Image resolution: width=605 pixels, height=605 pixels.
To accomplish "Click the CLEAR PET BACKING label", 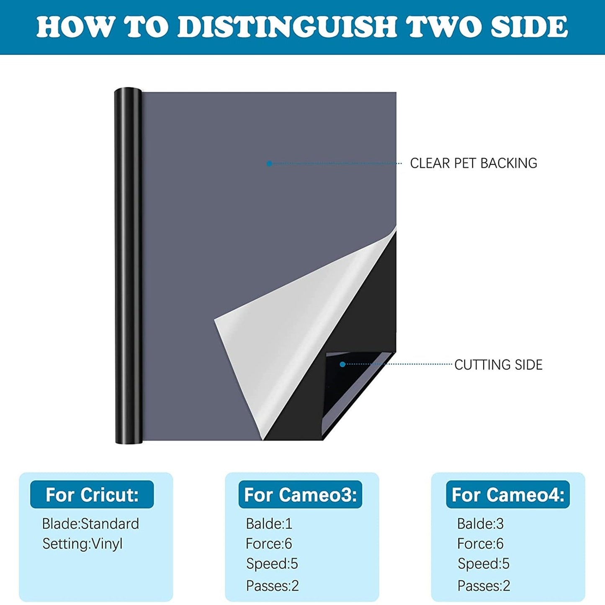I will click(x=473, y=163).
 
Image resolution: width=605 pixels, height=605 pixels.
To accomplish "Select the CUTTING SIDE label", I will click(x=498, y=365).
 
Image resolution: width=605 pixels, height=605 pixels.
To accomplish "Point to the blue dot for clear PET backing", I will click(x=269, y=164).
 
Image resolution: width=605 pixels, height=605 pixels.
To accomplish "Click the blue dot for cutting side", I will click(x=342, y=365).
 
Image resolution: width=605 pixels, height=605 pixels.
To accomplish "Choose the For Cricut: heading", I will click(x=92, y=494).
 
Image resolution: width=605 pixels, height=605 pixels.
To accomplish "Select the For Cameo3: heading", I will click(x=300, y=494).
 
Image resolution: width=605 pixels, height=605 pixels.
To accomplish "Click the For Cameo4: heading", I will click(x=508, y=494).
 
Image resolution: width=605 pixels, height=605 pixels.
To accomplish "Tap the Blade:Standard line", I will click(x=90, y=524).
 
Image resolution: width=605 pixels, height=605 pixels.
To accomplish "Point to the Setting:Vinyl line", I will click(x=82, y=544).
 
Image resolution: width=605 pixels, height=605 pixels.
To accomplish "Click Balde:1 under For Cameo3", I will click(x=269, y=524).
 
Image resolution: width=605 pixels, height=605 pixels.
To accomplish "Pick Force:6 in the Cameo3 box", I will click(x=269, y=544).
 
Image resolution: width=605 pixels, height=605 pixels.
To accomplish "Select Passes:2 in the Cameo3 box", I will click(x=272, y=586).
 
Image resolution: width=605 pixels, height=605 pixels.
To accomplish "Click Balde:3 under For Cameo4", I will click(x=480, y=524).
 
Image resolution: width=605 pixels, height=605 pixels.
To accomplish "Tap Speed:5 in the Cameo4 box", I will click(x=483, y=564).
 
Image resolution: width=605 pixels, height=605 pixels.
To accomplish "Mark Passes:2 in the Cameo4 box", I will click(x=484, y=586).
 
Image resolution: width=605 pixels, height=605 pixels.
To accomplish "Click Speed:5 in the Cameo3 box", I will click(x=272, y=564).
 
